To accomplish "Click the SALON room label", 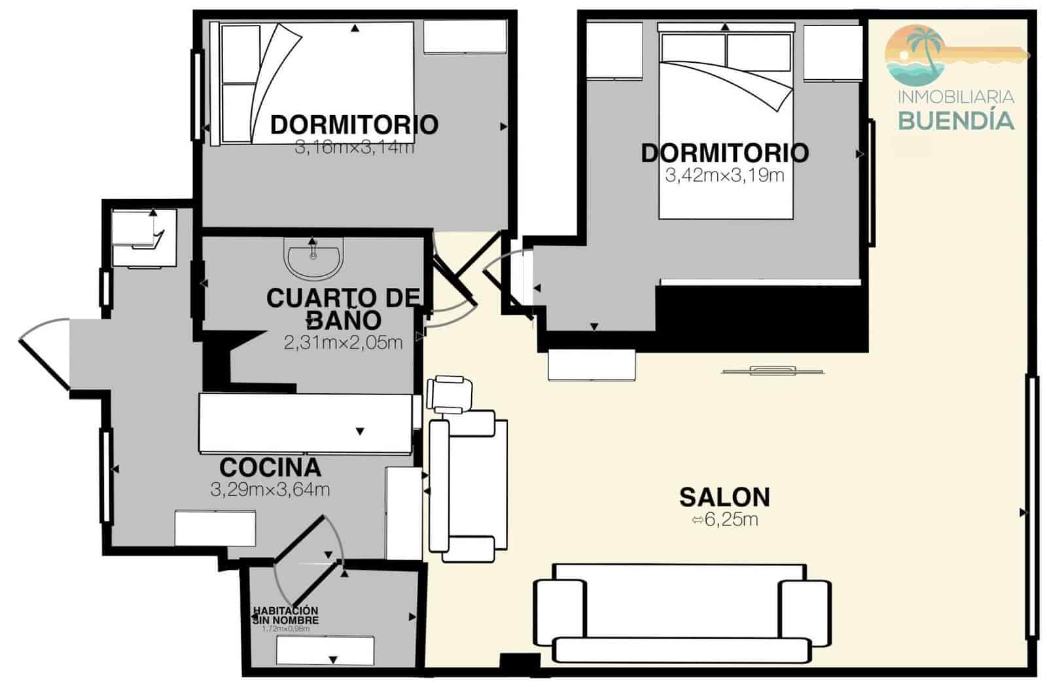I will tap(724, 497).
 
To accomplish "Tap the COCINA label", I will tap(270, 468).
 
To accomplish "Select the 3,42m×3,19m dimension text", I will tap(724, 175).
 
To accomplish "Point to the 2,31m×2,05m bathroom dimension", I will tap(343, 342).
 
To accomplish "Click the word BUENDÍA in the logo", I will tap(955, 121).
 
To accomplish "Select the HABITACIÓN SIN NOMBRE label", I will tap(286, 615).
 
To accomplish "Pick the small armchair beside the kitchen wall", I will tap(448, 395).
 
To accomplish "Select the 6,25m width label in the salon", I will tap(725, 521).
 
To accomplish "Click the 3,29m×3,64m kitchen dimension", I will tap(270, 489).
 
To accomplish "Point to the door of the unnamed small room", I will tap(308, 563).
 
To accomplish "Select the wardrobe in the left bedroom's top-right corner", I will tap(465, 37).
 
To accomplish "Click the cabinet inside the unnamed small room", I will tap(325, 651).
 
